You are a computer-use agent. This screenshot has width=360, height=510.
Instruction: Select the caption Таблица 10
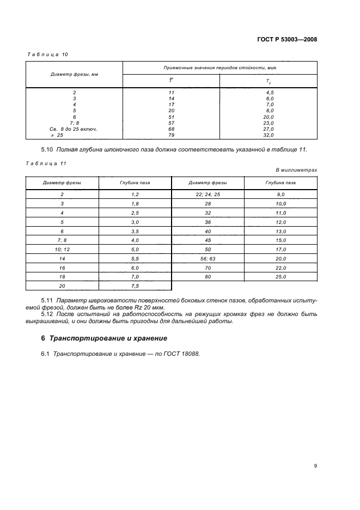tap(47, 54)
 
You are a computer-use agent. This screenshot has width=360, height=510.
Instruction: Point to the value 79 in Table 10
tap(171, 135)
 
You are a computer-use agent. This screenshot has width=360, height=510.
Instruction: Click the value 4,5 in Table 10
tap(268, 93)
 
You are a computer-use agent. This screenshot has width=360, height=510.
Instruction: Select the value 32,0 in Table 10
tap(268, 135)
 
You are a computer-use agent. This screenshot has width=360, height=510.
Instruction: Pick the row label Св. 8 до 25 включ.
tap(74, 129)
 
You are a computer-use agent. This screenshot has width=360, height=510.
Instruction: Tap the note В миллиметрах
tap(296, 170)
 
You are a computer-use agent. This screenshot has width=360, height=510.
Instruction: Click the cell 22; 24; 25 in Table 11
tap(208, 194)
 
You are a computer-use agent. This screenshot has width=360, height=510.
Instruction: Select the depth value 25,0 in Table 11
tap(281, 277)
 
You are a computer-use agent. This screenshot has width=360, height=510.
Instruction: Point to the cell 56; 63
tap(208, 258)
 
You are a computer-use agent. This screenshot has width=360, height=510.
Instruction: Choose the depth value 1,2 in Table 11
tap(135, 194)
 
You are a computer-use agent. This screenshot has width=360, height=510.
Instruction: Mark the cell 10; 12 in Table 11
tap(62, 249)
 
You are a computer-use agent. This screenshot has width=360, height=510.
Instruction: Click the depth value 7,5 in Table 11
tap(135, 286)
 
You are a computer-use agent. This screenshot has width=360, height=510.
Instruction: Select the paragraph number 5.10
tap(48, 149)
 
